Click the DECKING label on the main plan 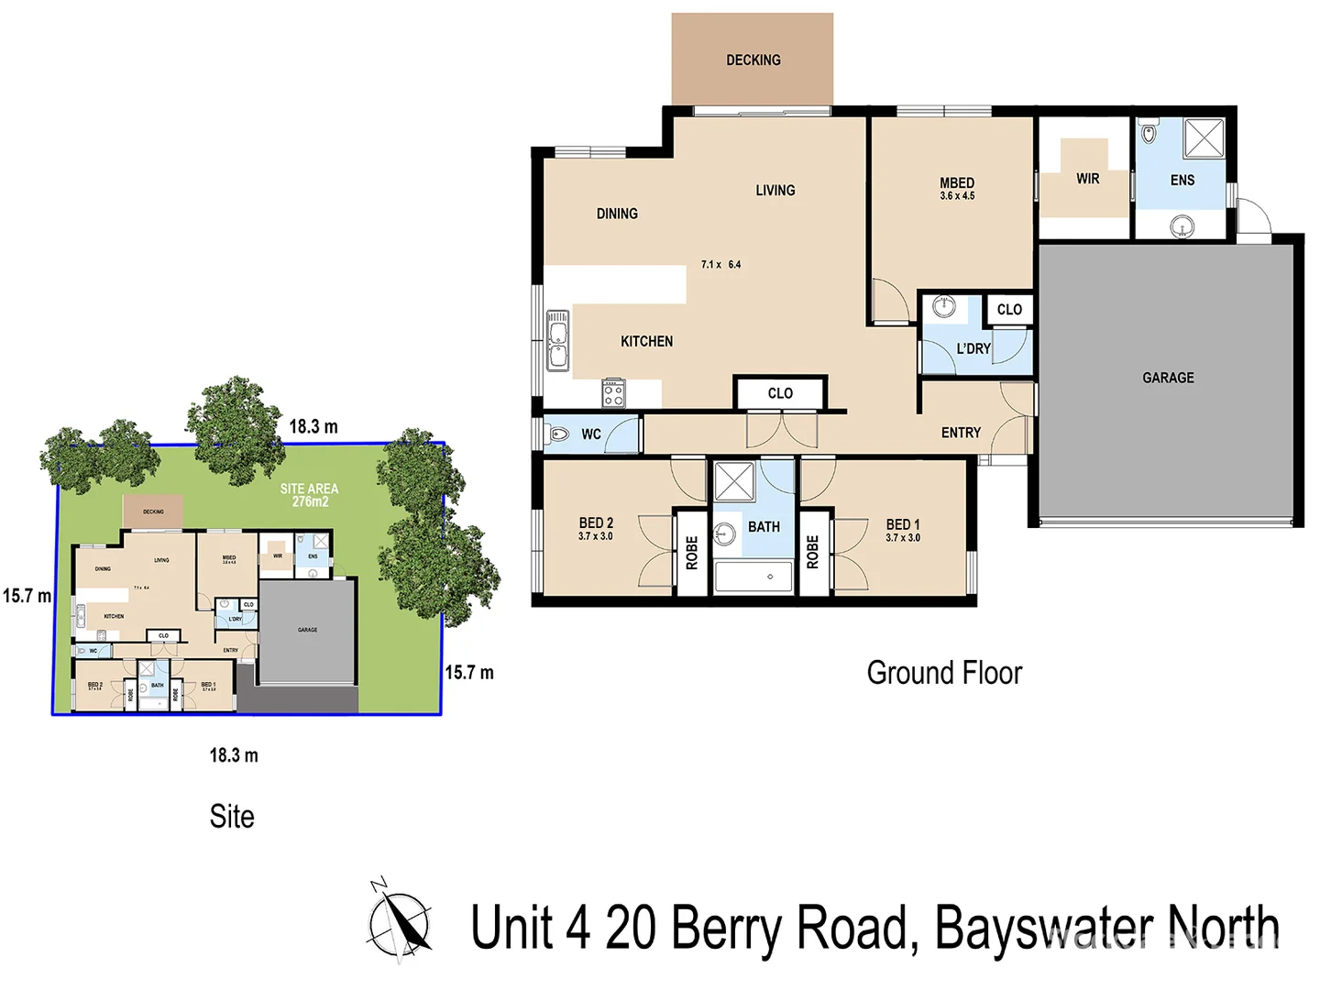(753, 60)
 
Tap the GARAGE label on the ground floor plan (1168, 378)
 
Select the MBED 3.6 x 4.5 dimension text (957, 196)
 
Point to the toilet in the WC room (558, 434)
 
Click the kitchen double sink (557, 340)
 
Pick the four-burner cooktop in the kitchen (613, 393)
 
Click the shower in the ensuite (1204, 138)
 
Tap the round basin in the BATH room (726, 533)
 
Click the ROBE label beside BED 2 (692, 553)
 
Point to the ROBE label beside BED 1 (812, 553)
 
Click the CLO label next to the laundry (1009, 310)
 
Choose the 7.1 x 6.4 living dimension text (720, 265)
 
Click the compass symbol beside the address (400, 921)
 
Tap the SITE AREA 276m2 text (310, 495)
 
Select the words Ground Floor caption (944, 673)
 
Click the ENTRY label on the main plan (961, 433)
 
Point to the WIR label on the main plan (1087, 179)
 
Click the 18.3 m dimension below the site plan (234, 755)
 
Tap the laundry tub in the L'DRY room (943, 307)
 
